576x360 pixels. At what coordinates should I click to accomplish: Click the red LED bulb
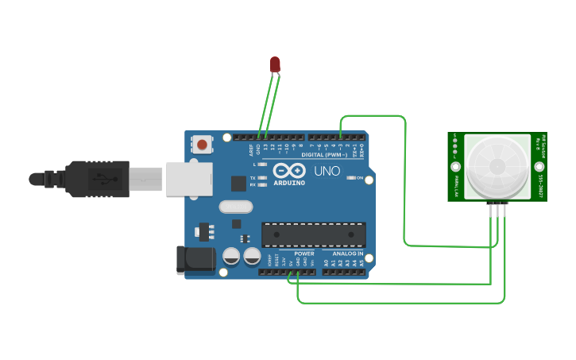(275, 64)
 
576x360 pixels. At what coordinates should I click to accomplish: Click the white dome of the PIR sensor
(497, 166)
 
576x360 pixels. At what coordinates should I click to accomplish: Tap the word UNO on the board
(327, 170)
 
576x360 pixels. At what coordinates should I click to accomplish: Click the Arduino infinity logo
(289, 170)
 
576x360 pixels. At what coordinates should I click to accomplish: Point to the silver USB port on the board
(188, 179)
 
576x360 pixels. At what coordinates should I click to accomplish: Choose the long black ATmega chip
(314, 234)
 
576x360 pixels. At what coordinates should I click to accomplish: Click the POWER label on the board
(304, 254)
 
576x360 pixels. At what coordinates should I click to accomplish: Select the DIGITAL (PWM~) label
(325, 154)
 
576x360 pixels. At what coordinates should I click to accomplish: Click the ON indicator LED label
(359, 177)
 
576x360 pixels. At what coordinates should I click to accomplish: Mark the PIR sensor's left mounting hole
(455, 167)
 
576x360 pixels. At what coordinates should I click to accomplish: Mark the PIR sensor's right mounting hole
(539, 167)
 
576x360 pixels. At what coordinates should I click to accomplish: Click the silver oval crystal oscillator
(235, 207)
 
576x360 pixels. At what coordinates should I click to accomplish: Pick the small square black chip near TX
(238, 183)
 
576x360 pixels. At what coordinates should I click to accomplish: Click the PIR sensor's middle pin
(498, 207)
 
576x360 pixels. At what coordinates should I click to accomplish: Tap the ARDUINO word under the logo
(289, 183)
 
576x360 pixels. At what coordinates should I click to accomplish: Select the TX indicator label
(253, 177)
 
